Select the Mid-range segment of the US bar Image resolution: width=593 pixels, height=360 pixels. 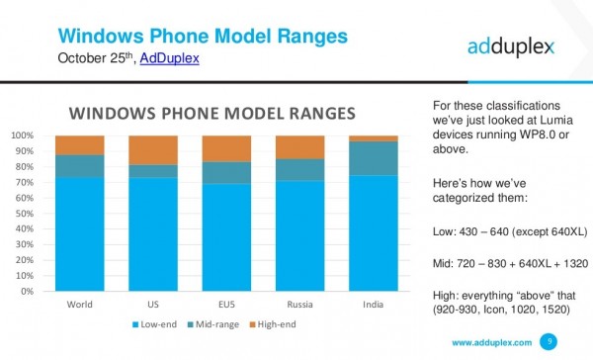[153, 171]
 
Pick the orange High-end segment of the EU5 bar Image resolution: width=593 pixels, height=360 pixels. [226, 148]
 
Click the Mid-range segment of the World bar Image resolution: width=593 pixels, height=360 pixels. [80, 166]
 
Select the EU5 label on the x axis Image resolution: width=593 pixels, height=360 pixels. [226, 305]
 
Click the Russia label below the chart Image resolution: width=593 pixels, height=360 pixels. [299, 305]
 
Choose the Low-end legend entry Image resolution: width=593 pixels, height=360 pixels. [159, 324]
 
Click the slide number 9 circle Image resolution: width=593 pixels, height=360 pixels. [551, 341]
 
